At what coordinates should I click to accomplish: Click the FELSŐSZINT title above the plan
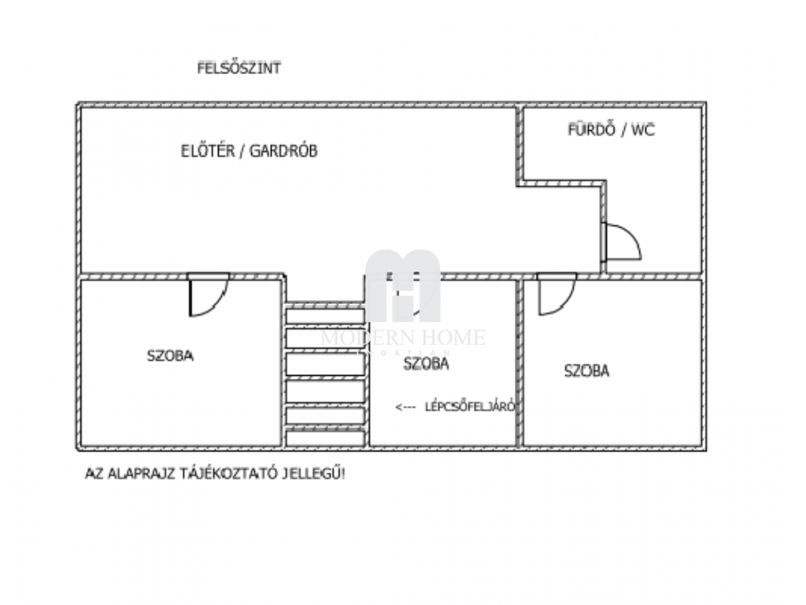(x=238, y=69)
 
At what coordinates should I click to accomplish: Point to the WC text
(x=642, y=130)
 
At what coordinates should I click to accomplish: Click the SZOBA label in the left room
(x=170, y=355)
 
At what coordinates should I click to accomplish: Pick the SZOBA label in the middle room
(x=426, y=364)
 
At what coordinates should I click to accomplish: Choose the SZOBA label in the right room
(x=586, y=372)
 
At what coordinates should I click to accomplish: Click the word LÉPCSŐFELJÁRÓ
(x=470, y=407)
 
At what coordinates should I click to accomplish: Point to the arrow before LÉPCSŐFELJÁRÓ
(x=405, y=407)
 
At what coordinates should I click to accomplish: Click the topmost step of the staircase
(x=326, y=314)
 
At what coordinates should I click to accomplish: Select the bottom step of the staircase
(x=326, y=439)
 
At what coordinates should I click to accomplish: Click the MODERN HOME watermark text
(x=403, y=337)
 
